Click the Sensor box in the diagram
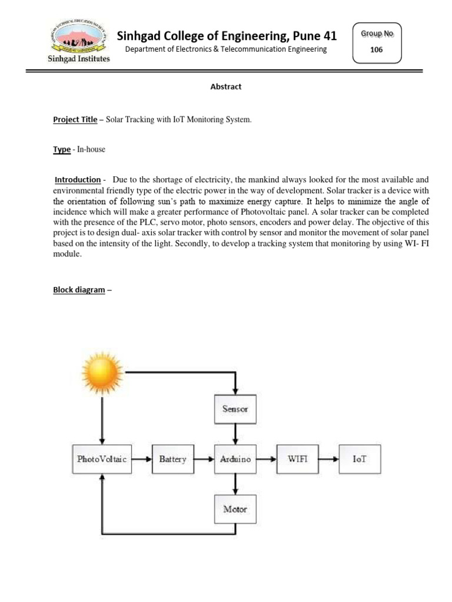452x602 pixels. tap(235, 409)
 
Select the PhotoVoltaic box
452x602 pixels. tap(102, 459)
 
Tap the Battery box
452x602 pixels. tap(172, 459)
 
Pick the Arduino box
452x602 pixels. tap(235, 459)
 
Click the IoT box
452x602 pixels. tap(359, 459)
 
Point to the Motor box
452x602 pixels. tap(235, 509)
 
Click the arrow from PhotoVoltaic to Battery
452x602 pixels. tap(141, 459)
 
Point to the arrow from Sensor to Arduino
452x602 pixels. tap(235, 434)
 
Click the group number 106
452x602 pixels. tap(376, 49)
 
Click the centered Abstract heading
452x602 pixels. tap(226, 86)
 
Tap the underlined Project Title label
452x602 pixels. tap(75, 119)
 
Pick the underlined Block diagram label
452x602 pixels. tap(79, 290)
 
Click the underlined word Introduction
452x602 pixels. tap(78, 179)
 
